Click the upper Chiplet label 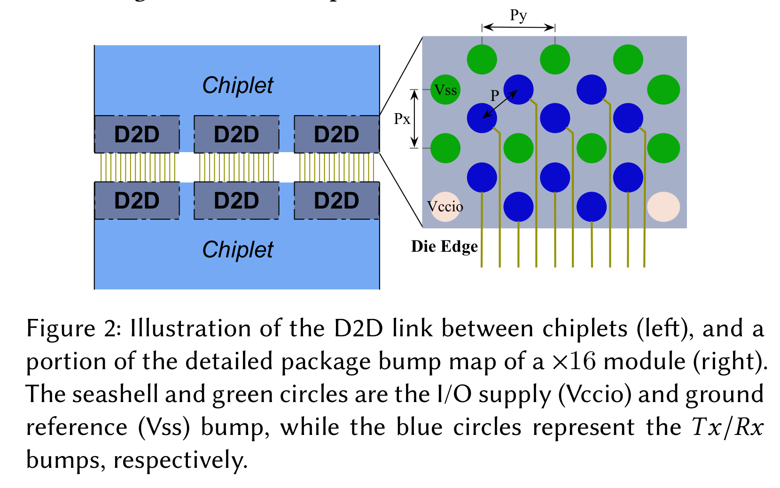(x=238, y=85)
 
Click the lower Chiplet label (x=238, y=249)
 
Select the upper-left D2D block (x=137, y=134)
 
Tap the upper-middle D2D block (x=236, y=134)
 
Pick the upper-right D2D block (x=336, y=134)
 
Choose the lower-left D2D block (x=137, y=201)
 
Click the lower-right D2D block (x=336, y=201)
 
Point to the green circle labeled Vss (x=445, y=90)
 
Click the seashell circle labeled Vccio (x=445, y=207)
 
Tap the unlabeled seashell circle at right (x=663, y=207)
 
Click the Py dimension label (x=518, y=15)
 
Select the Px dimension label (x=402, y=119)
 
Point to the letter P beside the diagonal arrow (x=494, y=96)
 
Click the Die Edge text (x=444, y=247)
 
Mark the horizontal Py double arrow (x=518, y=28)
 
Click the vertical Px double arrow (x=414, y=119)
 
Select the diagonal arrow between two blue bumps (x=500, y=104)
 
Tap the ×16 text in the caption (x=573, y=361)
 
